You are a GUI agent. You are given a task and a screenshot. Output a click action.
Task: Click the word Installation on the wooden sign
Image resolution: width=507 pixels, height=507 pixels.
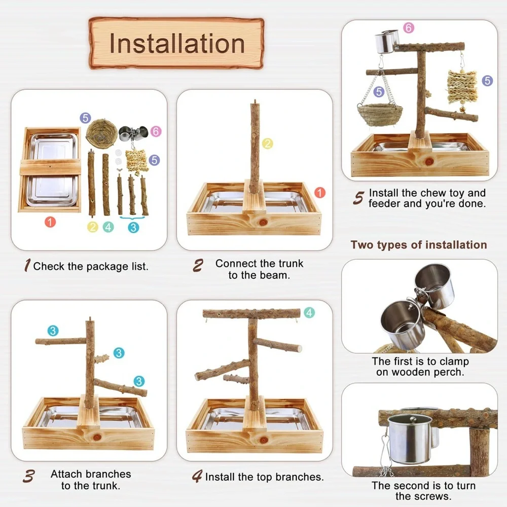[177, 44]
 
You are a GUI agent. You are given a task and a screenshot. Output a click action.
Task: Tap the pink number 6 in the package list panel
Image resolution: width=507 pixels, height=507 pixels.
[156, 131]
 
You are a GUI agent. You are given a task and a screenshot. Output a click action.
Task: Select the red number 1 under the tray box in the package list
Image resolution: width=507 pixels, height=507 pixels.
[50, 222]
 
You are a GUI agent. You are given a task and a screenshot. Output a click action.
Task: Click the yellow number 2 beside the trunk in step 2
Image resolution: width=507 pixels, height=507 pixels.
[267, 143]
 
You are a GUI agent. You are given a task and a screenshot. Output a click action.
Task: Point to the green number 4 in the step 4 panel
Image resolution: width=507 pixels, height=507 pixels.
[309, 313]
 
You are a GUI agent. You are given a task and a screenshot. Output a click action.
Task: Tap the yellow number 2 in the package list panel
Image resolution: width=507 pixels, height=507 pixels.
[92, 227]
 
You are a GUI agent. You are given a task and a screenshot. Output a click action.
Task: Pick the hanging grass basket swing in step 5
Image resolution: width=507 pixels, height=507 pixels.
[380, 114]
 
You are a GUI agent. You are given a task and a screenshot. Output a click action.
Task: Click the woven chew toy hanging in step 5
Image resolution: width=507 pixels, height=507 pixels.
[462, 87]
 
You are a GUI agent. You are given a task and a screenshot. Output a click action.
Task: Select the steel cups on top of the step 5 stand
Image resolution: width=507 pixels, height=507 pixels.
[387, 42]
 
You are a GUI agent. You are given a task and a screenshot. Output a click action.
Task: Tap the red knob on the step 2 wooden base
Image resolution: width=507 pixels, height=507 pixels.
[263, 222]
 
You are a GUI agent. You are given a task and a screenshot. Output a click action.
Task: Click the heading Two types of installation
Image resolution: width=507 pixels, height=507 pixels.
[419, 245]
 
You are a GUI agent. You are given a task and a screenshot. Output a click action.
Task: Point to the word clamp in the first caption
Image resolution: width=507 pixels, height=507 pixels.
[454, 361]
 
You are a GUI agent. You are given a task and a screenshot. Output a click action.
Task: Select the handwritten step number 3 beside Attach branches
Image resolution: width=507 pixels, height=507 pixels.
[29, 476]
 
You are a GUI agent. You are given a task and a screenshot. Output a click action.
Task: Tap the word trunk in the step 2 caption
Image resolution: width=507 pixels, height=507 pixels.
[291, 264]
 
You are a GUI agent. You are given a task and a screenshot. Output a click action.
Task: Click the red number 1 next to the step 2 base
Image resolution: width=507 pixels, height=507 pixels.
[320, 192]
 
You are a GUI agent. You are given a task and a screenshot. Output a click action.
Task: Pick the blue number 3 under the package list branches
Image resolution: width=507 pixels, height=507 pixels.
[133, 228]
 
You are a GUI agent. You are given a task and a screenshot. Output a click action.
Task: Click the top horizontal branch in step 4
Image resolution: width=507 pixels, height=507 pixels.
[251, 313]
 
